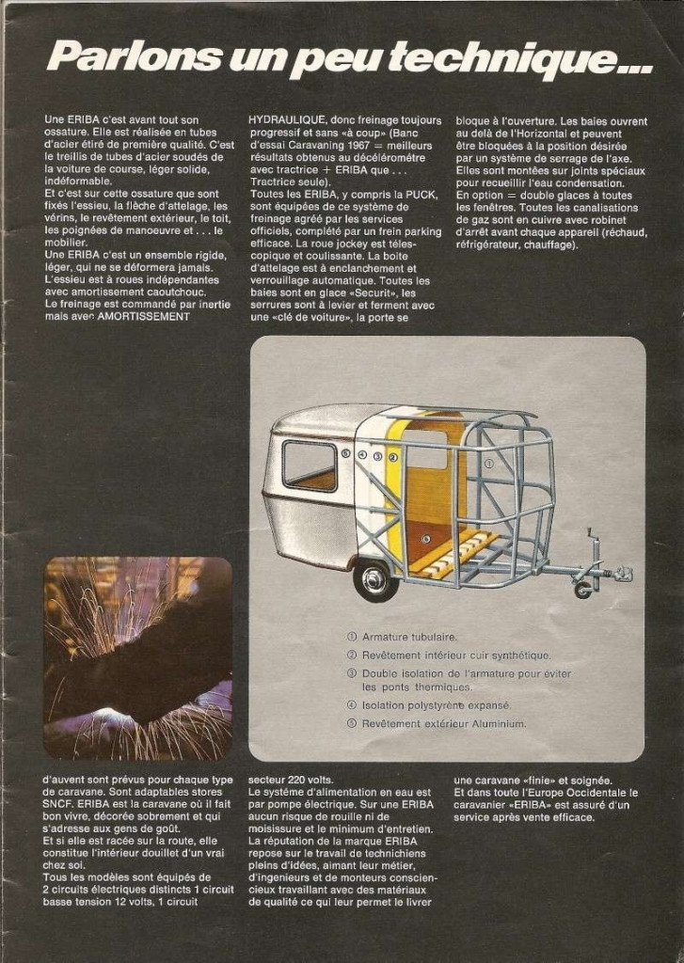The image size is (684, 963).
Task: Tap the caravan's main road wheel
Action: click(x=375, y=579)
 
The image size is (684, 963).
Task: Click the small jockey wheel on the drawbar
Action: click(x=583, y=590)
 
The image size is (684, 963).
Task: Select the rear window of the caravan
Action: click(x=310, y=465)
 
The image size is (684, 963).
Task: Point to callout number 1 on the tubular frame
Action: click(x=488, y=464)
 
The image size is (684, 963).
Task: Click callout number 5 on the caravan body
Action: click(x=346, y=454)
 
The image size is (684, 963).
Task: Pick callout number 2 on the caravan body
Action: click(x=393, y=456)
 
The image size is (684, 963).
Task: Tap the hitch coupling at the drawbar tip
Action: click(x=623, y=573)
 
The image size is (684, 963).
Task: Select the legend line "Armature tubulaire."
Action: click(x=408, y=637)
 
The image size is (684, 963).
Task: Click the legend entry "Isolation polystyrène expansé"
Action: click(x=436, y=705)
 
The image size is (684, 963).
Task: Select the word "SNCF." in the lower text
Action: click(x=61, y=805)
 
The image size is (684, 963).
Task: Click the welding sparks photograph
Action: click(x=137, y=657)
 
